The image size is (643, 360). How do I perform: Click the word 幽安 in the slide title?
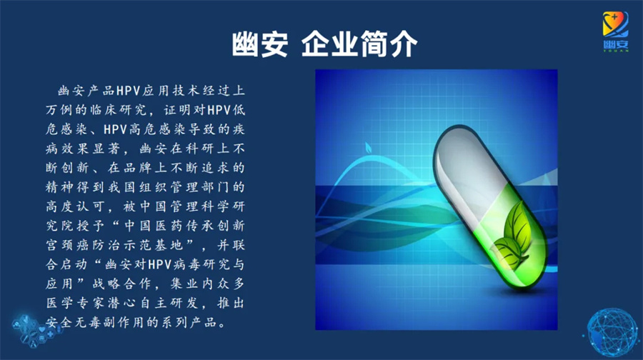259,44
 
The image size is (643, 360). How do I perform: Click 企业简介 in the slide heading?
359,44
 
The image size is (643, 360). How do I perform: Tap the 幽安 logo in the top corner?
615,31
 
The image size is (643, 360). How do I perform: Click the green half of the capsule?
512,241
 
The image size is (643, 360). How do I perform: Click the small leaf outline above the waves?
368,147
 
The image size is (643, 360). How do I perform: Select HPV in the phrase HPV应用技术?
129,91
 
